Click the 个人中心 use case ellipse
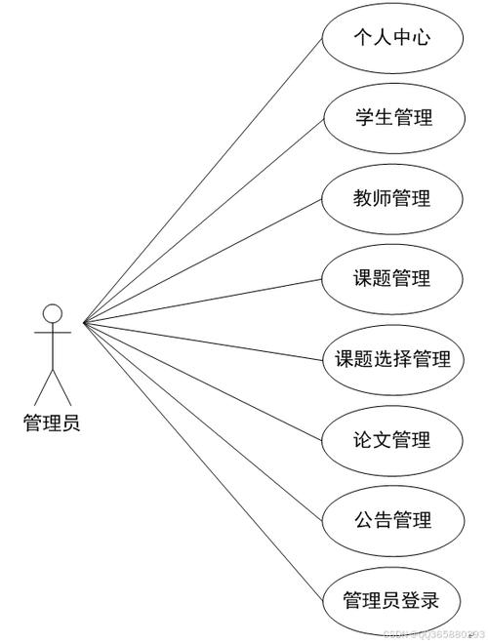coord(392,38)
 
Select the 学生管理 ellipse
coord(394,118)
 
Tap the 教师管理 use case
coord(392,199)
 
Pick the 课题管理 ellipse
coord(392,279)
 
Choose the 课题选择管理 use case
coord(393,360)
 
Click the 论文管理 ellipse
coord(392,441)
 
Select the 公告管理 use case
coord(393,521)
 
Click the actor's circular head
coord(53,314)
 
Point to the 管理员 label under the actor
coord(52,423)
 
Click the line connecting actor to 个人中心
coord(203,181)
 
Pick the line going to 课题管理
coord(202,302)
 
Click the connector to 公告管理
coord(203,422)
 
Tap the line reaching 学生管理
coord(204,221)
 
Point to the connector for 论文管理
coord(202,382)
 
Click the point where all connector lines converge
coord(84,323)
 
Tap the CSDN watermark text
coord(433,634)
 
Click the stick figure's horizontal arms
coord(53,332)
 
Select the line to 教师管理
coord(202,262)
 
